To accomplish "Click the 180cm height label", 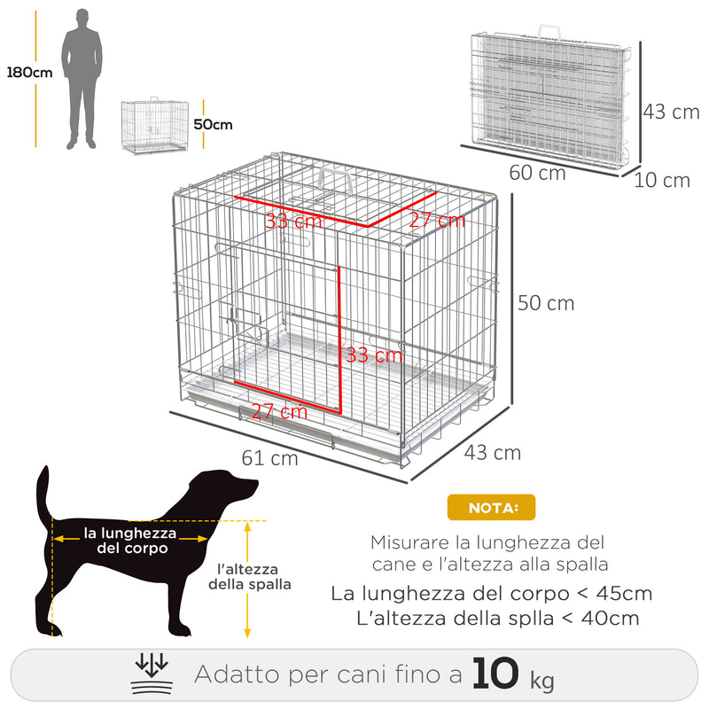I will pos(28,73).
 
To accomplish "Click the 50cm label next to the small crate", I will pos(213,124).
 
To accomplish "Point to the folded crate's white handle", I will pos(547,29).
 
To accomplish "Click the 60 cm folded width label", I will pos(538,173).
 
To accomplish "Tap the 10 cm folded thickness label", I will pos(662,181).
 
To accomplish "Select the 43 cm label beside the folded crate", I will pos(671,112).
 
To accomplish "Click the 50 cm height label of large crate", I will pos(546,303).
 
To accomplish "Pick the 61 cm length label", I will pos(269,458).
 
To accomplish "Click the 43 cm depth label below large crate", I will pos(493,453).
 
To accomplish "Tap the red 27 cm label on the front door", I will pos(279,411).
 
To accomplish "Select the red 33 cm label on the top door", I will pos(293,222).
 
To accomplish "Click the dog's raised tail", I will pos(43,492).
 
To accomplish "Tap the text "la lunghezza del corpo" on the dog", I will pos(130,541).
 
